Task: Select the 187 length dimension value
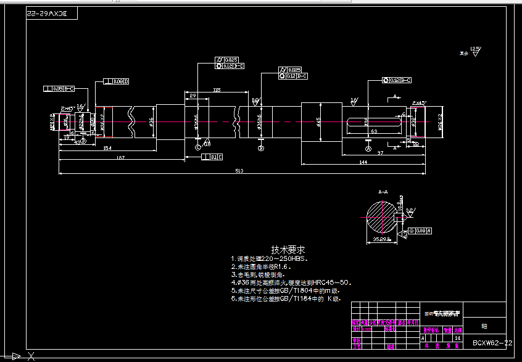[120, 158]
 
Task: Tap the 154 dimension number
[107, 148]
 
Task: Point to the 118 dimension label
[216, 91]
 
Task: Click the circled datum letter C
[197, 148]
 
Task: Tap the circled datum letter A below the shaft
[368, 149]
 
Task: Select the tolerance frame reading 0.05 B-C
[59, 89]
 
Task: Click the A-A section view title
[383, 192]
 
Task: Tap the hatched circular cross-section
[383, 218]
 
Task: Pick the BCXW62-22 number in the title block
[492, 342]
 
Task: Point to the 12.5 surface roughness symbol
[474, 49]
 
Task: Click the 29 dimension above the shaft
[193, 96]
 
